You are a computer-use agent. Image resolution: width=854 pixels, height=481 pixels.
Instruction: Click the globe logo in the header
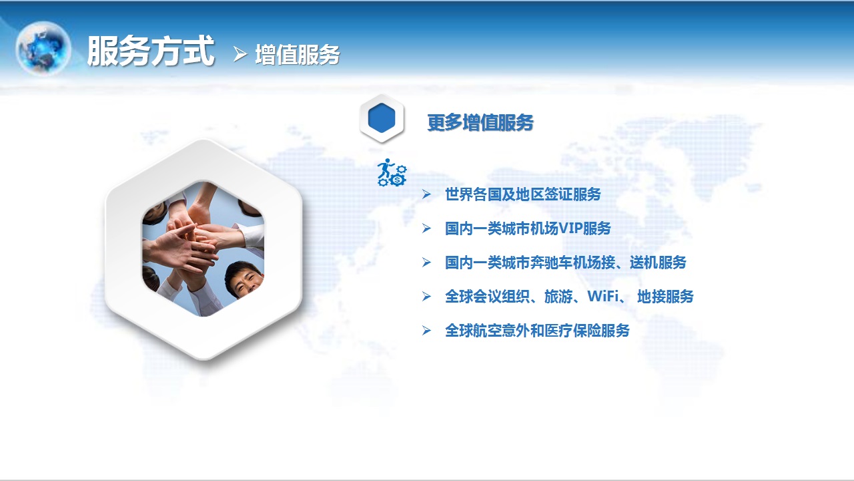[43, 48]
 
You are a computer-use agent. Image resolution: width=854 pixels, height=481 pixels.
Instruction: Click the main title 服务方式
[151, 51]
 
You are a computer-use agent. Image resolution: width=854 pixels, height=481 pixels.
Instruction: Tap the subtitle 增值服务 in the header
[298, 55]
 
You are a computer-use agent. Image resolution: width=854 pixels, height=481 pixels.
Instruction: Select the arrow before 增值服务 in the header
[240, 54]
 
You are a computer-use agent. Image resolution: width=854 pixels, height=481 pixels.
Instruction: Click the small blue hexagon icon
[382, 118]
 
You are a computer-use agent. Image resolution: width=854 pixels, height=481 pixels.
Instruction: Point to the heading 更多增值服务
[480, 122]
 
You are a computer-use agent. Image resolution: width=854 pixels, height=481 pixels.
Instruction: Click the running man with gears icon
[392, 172]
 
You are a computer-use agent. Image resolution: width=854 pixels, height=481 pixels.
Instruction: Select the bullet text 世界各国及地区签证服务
[522, 194]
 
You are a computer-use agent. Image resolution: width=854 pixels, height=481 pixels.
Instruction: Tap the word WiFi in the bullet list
[603, 296]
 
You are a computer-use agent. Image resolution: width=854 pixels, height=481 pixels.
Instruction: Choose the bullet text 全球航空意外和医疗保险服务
[537, 331]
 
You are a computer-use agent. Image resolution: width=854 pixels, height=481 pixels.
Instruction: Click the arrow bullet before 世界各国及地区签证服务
[426, 194]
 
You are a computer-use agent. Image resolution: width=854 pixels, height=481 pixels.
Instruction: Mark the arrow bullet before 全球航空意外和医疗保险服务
[426, 331]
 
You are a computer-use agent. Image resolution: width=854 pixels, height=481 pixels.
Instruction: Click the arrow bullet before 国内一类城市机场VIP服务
[426, 228]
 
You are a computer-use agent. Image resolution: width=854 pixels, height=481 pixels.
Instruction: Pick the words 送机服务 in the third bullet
[658, 263]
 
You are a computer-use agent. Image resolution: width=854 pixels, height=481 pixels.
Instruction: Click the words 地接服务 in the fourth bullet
[665, 297]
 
